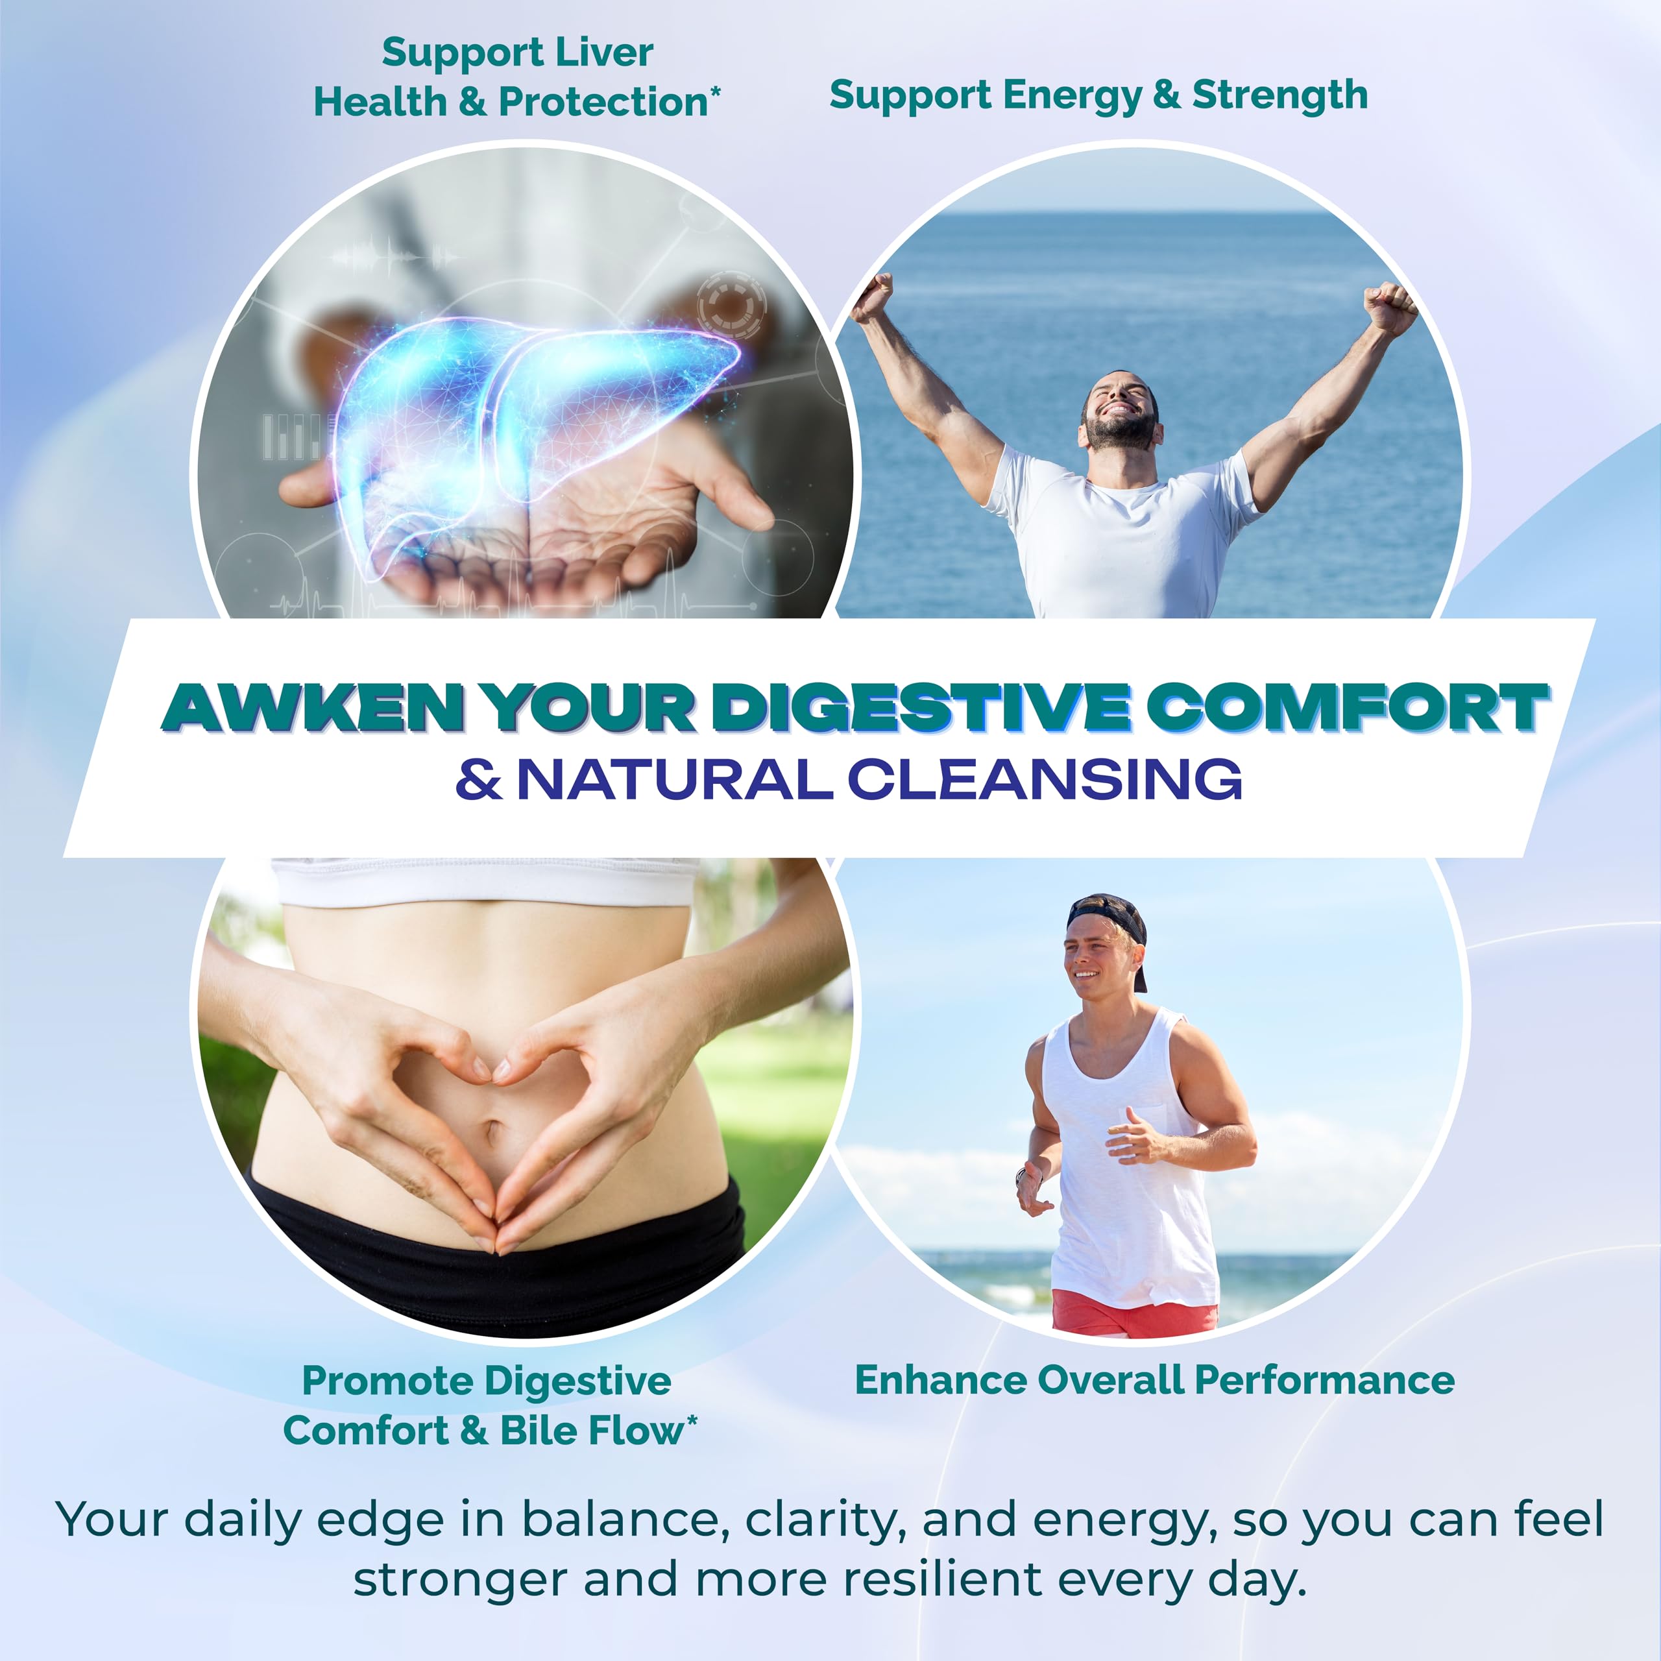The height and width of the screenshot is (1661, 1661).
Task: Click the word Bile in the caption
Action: pyautogui.click(x=540, y=1431)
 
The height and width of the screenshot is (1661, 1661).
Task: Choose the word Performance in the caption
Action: pyautogui.click(x=1324, y=1380)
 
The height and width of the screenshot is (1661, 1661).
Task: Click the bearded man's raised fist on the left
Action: pyautogui.click(x=872, y=297)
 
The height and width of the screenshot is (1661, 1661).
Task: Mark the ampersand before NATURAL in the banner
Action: pyautogui.click(x=479, y=780)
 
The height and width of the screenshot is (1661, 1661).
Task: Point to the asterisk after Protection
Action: pyautogui.click(x=714, y=90)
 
